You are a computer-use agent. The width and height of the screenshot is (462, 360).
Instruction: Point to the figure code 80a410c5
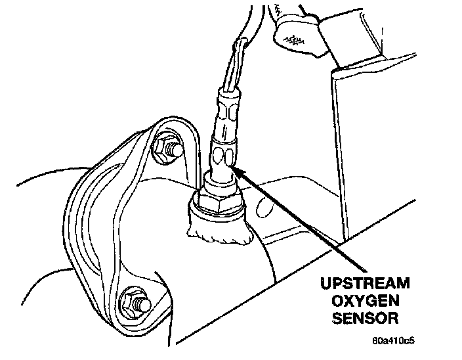click(394, 342)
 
